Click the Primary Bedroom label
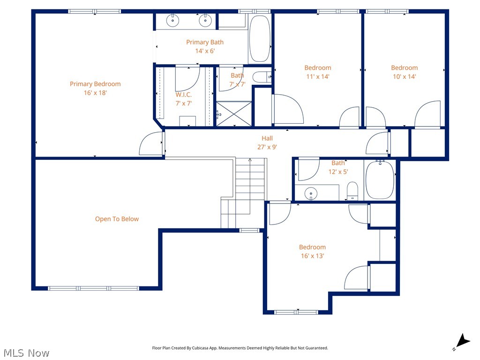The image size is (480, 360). [95, 84]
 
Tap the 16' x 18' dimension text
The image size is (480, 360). [95, 93]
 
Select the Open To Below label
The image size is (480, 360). [117, 219]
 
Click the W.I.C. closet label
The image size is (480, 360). [183, 95]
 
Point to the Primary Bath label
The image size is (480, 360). [205, 42]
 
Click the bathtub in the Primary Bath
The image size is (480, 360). [260, 39]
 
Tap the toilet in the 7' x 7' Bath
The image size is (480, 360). [260, 77]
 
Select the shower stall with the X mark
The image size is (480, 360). [234, 114]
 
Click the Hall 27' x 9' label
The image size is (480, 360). [267, 142]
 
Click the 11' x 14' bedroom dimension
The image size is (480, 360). [317, 76]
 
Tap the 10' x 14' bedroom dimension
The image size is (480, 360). [404, 76]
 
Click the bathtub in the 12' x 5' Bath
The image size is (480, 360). [380, 180]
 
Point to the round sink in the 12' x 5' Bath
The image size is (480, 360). [310, 193]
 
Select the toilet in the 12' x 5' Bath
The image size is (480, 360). [352, 191]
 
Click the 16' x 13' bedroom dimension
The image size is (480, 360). [312, 256]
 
